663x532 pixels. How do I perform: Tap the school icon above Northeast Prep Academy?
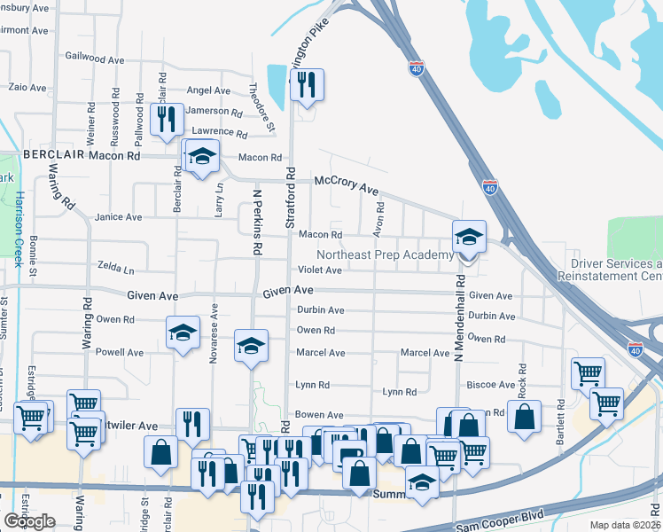(x=469, y=237)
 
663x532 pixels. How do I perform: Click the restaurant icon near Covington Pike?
(x=307, y=86)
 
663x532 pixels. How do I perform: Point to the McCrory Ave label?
(x=347, y=186)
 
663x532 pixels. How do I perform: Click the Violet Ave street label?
(x=319, y=270)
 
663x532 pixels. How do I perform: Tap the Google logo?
(x=29, y=521)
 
